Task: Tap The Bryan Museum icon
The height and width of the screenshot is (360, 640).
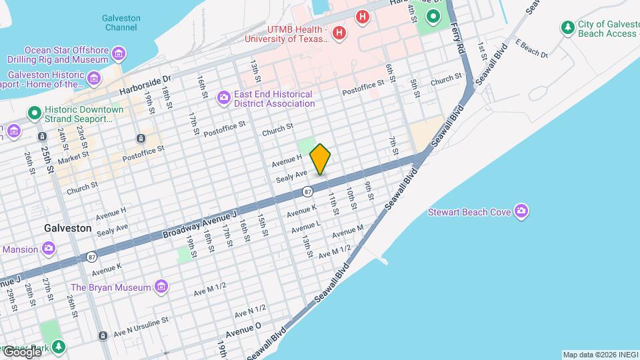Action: pyautogui.click(x=161, y=287)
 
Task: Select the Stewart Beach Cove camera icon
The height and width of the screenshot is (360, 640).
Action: pyautogui.click(x=521, y=212)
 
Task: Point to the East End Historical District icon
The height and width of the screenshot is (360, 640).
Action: pyautogui.click(x=224, y=99)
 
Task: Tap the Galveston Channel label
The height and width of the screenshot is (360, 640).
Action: pyautogui.click(x=121, y=23)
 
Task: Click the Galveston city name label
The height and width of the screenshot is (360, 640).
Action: pyautogui.click(x=67, y=228)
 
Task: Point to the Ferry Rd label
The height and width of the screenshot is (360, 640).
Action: pyautogui.click(x=457, y=38)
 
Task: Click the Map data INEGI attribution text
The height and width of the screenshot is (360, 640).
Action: pyautogui.click(x=599, y=355)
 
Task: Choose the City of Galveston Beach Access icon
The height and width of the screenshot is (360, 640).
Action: pyautogui.click(x=567, y=28)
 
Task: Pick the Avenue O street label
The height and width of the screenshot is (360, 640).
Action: pyautogui.click(x=243, y=331)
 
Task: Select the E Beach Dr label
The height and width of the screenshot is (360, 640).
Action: pyautogui.click(x=531, y=50)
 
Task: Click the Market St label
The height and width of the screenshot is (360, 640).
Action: pyautogui.click(x=73, y=160)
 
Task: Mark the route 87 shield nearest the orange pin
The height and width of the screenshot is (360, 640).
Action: pyautogui.click(x=307, y=191)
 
